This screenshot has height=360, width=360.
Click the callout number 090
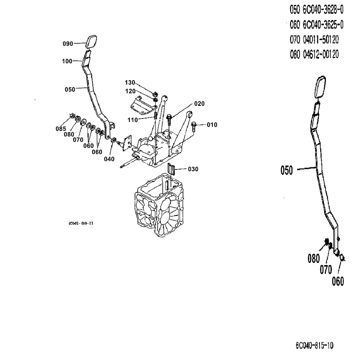click(68, 44)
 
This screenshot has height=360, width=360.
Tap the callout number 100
click(67, 61)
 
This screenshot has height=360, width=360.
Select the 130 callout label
click(130, 82)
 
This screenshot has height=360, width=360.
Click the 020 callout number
click(199, 104)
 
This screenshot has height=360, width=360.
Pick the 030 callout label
click(193, 169)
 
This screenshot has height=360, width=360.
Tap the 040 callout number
click(109, 159)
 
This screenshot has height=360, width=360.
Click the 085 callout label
click(60, 129)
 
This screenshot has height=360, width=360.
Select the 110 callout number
click(133, 120)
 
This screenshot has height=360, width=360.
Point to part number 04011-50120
click(321, 39)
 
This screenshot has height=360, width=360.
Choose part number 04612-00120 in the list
click(321, 54)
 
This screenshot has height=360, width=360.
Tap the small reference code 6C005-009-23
click(81, 223)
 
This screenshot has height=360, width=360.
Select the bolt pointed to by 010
click(194, 125)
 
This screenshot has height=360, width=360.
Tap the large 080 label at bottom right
click(314, 258)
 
